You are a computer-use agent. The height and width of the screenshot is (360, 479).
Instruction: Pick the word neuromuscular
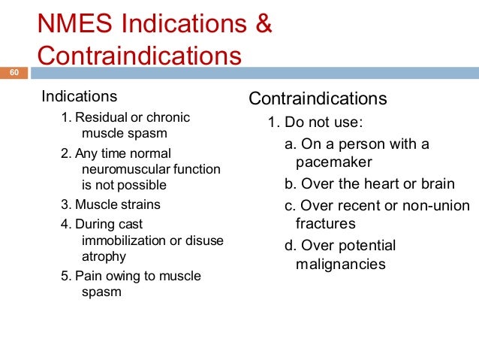119,169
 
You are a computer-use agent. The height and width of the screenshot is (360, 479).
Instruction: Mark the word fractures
326,223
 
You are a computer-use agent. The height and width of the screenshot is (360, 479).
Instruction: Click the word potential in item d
367,246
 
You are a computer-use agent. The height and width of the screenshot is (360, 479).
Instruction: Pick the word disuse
204,240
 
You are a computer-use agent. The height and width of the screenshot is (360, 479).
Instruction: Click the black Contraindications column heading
318,99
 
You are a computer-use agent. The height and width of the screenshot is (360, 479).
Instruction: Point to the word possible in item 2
143,184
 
